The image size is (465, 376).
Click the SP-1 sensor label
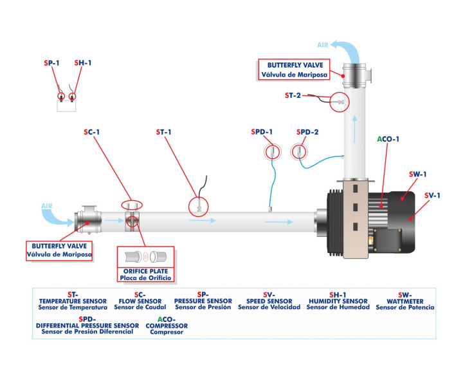pyautogui.click(x=52, y=63)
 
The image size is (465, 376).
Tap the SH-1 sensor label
pyautogui.click(x=83, y=63)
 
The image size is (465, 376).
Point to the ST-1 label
pyautogui.click(x=164, y=133)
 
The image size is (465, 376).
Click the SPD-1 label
pyautogui.click(x=262, y=133)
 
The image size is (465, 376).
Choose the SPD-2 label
pyautogui.click(x=307, y=133)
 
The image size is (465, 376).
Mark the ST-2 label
pyautogui.click(x=293, y=96)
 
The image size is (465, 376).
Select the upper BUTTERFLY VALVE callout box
pyautogui.click(x=293, y=69)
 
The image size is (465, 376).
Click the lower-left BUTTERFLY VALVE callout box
pyautogui.click(x=60, y=250)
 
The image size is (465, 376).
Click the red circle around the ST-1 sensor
pyautogui.click(x=199, y=206)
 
